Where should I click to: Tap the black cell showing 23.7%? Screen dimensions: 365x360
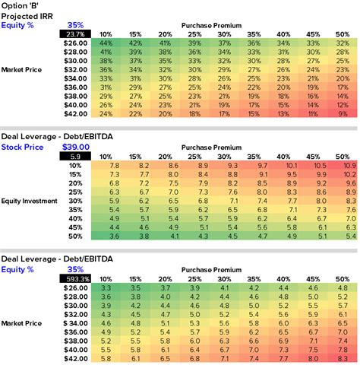pos(75,34)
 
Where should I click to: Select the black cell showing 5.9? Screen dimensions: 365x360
pos(75,156)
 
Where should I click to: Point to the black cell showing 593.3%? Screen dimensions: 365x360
pos(75,278)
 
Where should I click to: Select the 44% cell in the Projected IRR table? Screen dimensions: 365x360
pos(106,43)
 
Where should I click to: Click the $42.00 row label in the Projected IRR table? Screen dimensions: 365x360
pos(75,113)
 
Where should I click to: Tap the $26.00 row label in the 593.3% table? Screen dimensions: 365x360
pos(75,287)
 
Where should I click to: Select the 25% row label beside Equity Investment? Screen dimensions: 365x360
pos(75,192)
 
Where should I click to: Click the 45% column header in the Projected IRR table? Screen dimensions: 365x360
pos(311,34)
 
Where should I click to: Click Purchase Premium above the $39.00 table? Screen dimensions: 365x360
pos(212,147)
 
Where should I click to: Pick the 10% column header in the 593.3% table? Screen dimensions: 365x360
pos(106,278)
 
